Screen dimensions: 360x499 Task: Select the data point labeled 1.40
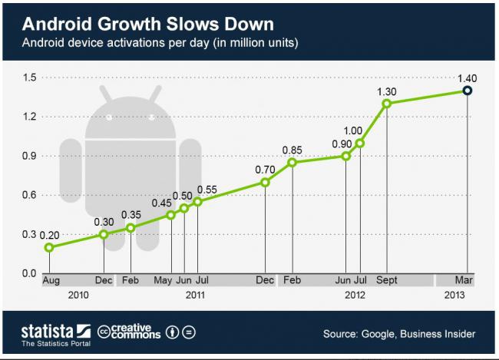coord(467,91)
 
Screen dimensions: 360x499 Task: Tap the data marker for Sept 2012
coord(386,103)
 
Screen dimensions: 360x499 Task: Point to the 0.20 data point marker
coord(49,247)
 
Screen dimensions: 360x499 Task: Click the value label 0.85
coord(292,150)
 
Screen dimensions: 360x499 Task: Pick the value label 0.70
coord(265,169)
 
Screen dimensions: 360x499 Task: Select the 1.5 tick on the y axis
coord(29,78)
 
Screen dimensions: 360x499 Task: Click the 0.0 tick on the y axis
coord(29,273)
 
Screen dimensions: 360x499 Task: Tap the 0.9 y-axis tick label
coord(29,156)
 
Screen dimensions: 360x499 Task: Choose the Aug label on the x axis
coord(51,282)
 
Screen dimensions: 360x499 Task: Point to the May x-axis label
coord(163,282)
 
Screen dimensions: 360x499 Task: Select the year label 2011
coord(195,295)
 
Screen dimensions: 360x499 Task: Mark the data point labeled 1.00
coord(359,143)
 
